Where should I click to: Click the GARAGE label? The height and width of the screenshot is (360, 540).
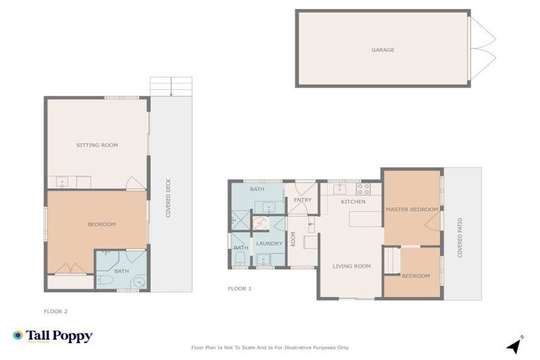click(x=382, y=50)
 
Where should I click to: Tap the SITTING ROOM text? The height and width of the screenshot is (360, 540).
click(x=97, y=145)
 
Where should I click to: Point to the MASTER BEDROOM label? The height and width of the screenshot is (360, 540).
click(x=411, y=210)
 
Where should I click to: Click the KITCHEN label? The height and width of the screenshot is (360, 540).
click(x=353, y=202)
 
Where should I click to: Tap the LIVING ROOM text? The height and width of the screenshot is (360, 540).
click(x=352, y=266)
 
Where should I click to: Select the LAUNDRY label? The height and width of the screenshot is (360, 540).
click(x=269, y=243)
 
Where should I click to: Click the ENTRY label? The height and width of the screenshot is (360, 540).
click(x=302, y=200)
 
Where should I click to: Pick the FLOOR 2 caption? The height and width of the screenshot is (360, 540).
click(x=56, y=311)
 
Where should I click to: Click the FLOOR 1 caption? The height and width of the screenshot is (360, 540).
click(x=239, y=288)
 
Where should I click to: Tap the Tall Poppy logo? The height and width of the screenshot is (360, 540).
click(x=53, y=336)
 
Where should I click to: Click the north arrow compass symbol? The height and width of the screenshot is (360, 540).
click(x=515, y=345)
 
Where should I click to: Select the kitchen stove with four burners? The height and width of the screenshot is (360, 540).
click(x=363, y=188)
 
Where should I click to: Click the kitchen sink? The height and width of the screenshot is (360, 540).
click(x=338, y=188)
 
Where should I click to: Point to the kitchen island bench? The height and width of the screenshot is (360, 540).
click(x=366, y=221)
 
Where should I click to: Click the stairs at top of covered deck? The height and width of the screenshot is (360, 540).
click(x=170, y=86)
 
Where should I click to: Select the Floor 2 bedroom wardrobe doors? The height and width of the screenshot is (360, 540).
click(x=68, y=269)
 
